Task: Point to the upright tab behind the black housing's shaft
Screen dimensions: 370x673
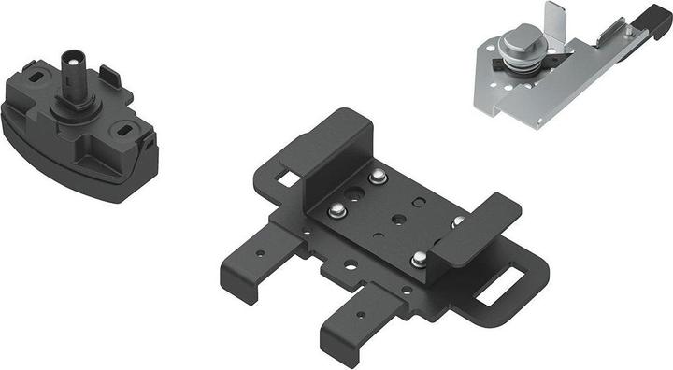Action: [107, 73]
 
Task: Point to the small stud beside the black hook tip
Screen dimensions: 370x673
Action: [627, 32]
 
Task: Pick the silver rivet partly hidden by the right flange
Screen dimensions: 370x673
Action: [458, 221]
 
